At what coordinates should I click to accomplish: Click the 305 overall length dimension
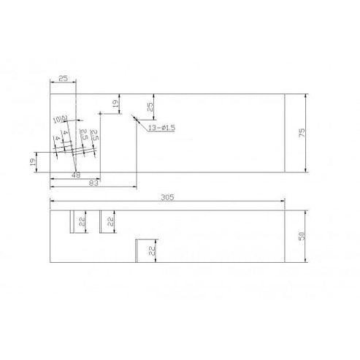pos(167,197)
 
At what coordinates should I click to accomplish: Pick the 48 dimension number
pos(76,175)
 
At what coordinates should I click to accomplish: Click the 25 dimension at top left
pos(63,77)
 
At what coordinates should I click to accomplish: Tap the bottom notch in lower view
pos(137,250)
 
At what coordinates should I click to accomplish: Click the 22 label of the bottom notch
pos(151,250)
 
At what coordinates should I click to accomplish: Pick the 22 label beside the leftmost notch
pos(82,221)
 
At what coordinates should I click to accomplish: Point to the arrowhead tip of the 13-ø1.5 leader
pos(131,115)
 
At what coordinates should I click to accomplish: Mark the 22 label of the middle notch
pos(110,221)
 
